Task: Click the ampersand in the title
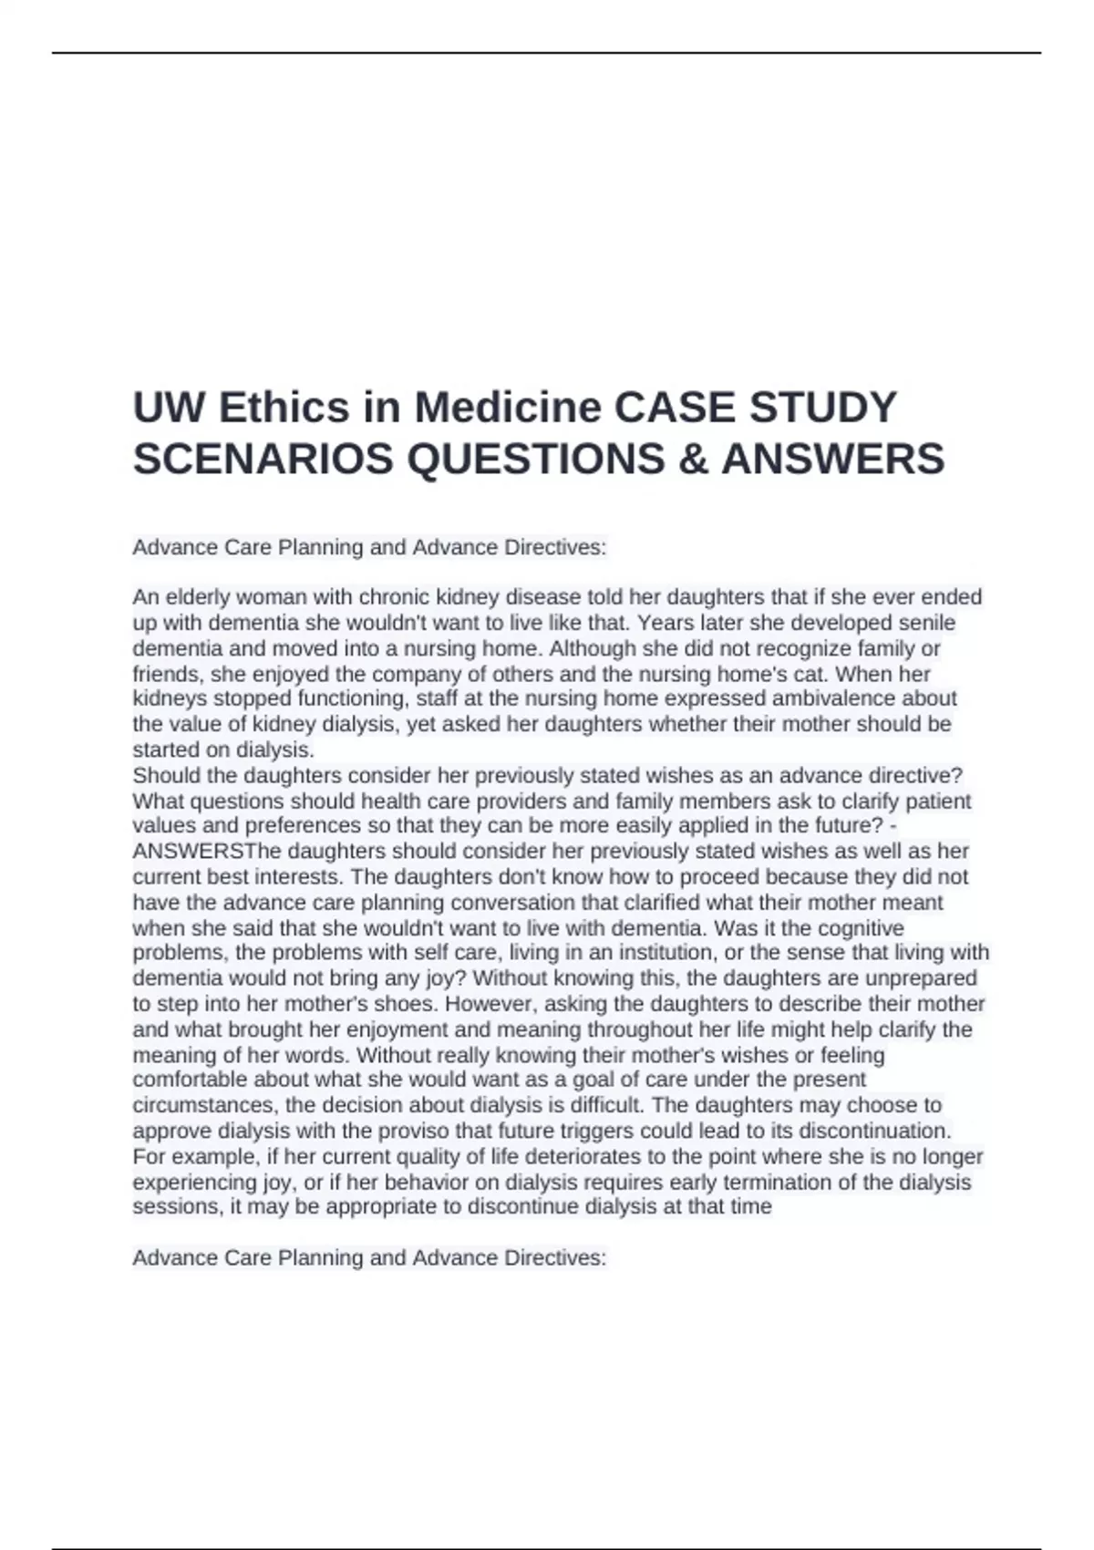tap(697, 459)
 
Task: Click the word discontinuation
tap(874, 1131)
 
